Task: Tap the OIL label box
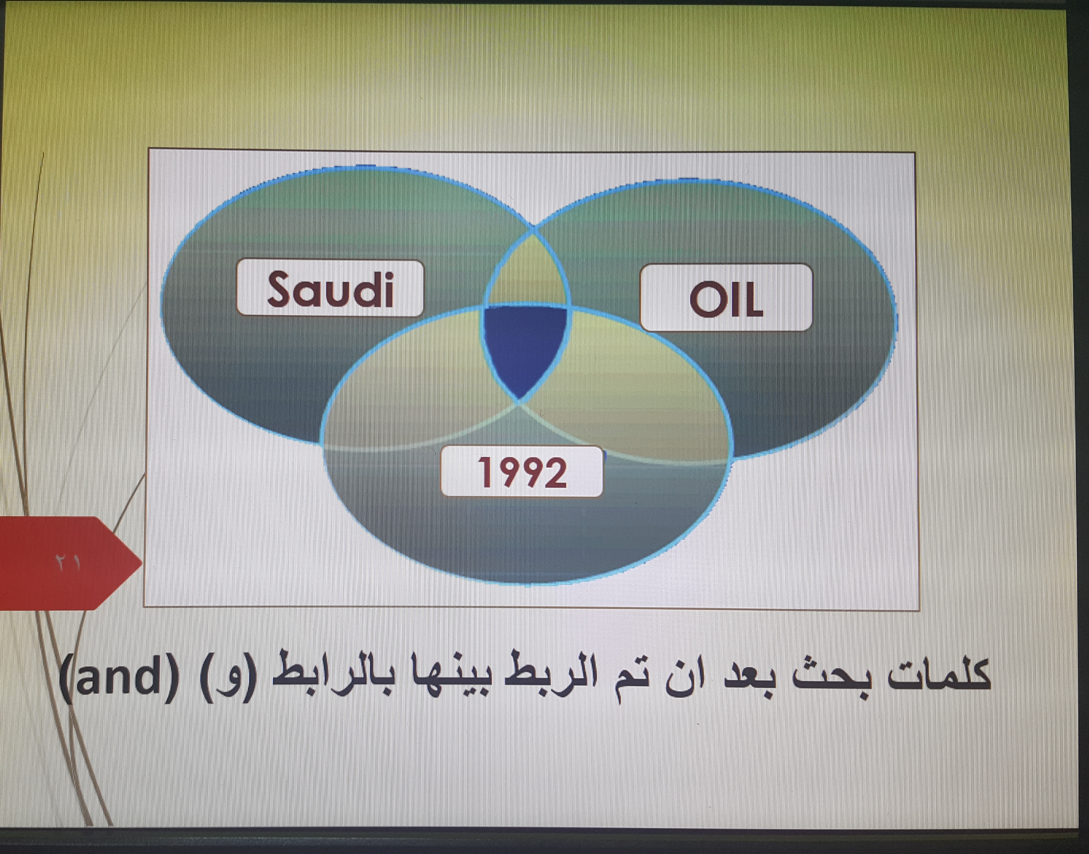(x=726, y=298)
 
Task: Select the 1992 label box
(x=522, y=471)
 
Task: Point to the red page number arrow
(x=70, y=563)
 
